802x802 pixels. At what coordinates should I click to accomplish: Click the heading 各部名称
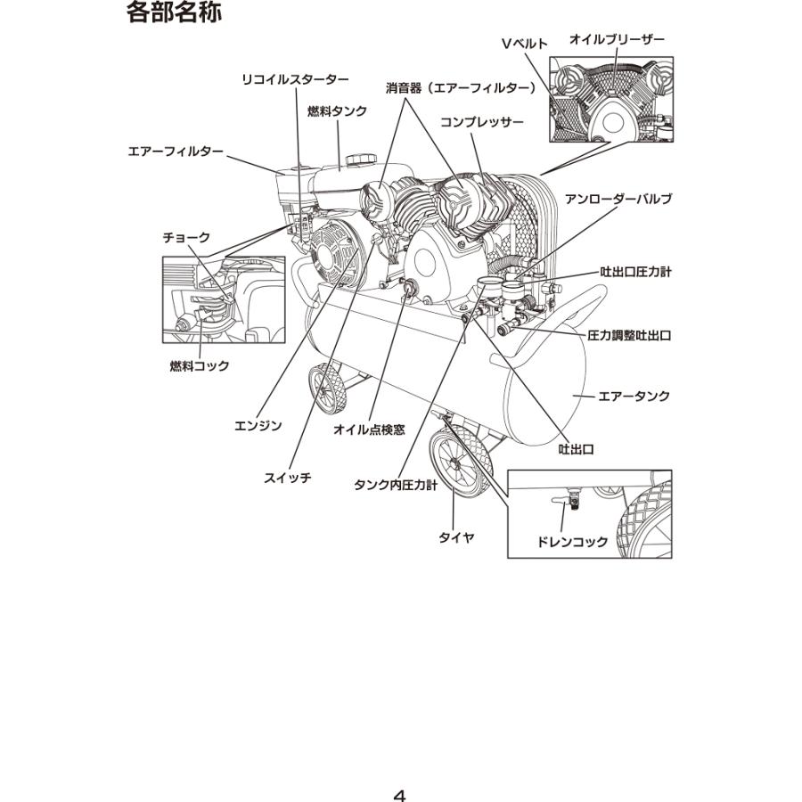coord(175,14)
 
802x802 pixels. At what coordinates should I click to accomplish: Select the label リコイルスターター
coord(295,79)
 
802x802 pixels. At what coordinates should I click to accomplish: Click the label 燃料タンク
coord(338,110)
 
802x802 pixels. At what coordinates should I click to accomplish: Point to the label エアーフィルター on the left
coord(176,151)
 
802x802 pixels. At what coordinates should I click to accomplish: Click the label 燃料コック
coord(200,365)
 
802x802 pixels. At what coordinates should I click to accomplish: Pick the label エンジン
coord(258,426)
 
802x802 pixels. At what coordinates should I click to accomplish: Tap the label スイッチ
coord(287,478)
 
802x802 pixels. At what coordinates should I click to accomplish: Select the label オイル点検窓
coord(369,429)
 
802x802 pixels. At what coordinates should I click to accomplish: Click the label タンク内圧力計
coord(396,485)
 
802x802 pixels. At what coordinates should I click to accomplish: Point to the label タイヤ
coord(455,537)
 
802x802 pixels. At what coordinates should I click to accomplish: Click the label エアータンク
coord(634,396)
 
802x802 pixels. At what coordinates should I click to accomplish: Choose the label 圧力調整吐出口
coord(629,336)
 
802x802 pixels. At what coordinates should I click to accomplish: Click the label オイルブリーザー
coord(617,39)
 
